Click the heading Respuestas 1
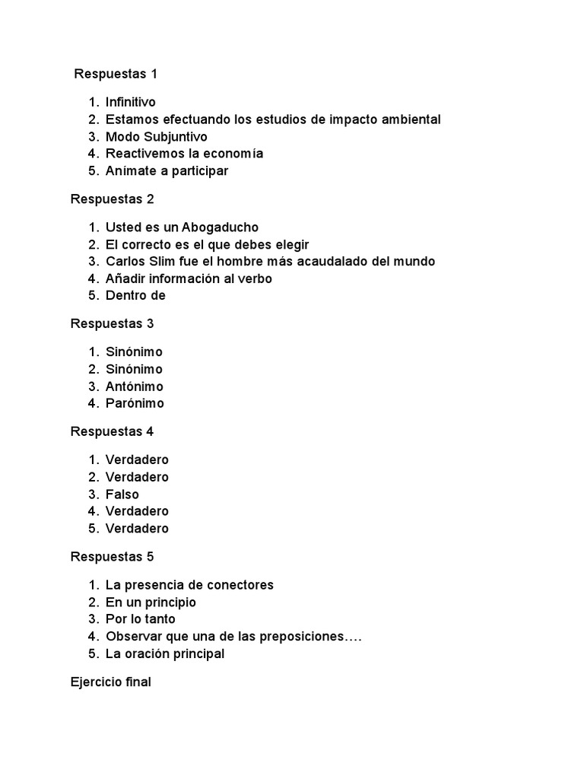point(116,74)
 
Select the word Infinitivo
point(131,102)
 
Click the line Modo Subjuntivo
point(157,137)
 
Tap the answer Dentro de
point(135,296)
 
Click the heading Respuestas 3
point(112,324)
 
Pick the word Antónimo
point(135,386)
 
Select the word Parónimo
point(135,404)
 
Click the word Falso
point(122,494)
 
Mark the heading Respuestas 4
point(112,432)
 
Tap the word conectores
point(239,585)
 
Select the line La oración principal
point(165,654)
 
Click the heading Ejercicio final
point(111,682)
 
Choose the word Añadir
point(125,279)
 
